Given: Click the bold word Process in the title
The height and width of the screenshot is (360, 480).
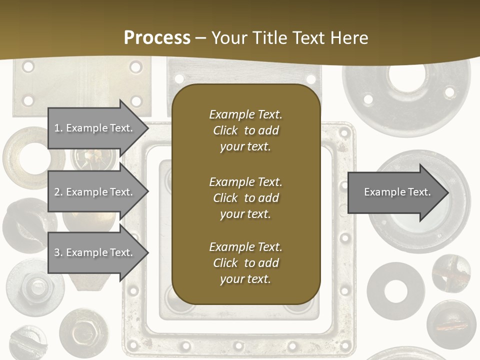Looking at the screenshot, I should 157,37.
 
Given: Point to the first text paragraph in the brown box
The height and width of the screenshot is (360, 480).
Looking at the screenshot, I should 245,130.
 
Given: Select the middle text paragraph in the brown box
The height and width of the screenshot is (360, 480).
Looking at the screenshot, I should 245,198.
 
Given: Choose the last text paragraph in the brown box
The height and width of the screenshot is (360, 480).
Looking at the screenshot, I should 245,263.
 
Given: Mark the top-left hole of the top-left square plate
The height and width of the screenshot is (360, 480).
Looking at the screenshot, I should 28,66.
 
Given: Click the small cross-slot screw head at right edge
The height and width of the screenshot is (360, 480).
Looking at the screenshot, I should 451,272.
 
